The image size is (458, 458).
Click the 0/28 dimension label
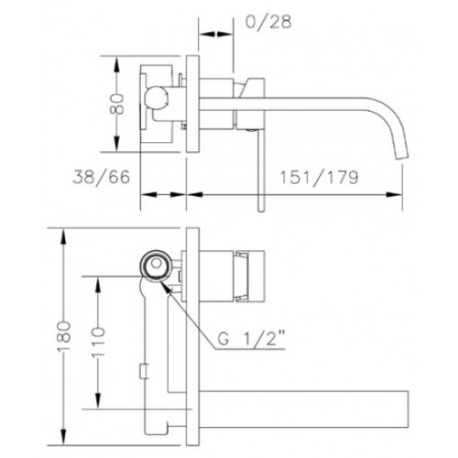coord(268,22)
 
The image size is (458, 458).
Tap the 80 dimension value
coord(117,104)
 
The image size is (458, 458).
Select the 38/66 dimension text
coord(102,177)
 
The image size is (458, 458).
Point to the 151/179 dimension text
coord(319,178)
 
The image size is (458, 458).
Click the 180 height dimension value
coord(64,336)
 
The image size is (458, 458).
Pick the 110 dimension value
coord(98,342)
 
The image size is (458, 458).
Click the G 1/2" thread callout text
coord(252,338)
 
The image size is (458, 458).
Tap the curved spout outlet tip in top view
coord(402,157)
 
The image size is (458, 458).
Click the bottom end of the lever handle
coord(260,211)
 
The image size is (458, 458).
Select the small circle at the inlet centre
coord(157,263)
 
